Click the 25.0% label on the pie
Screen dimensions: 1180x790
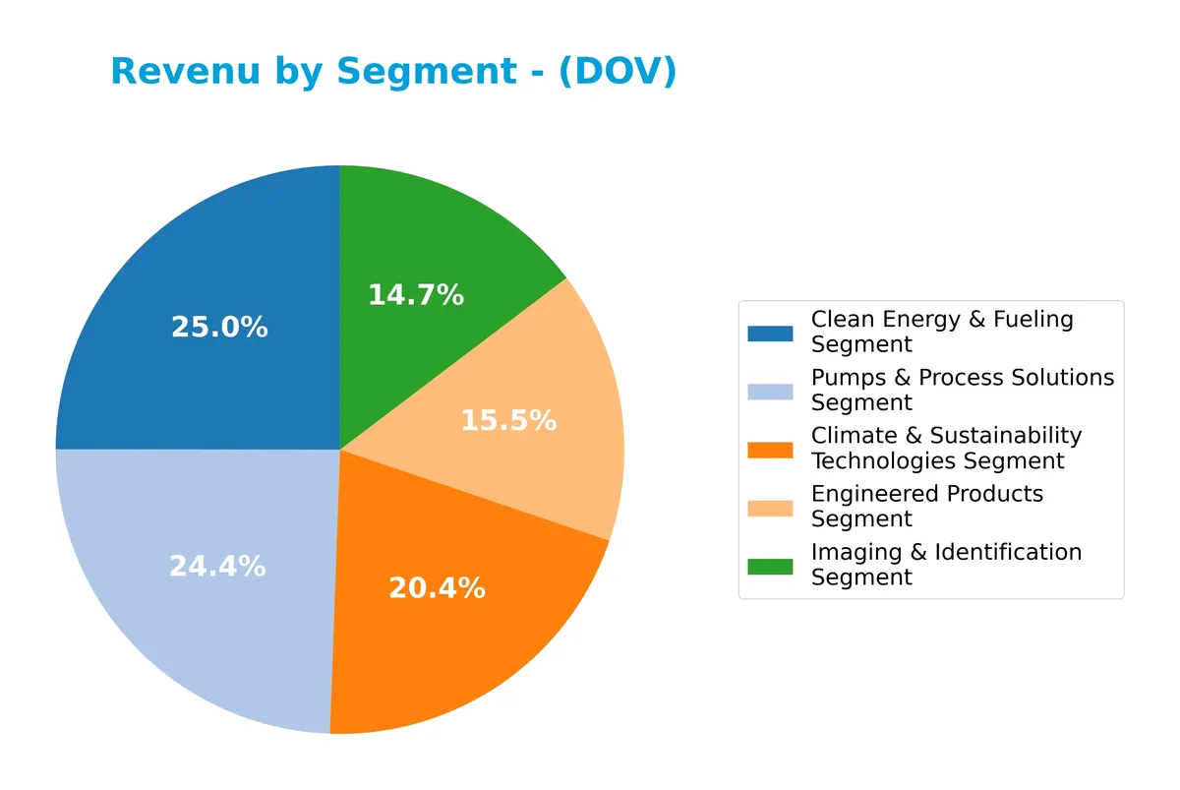pos(219,328)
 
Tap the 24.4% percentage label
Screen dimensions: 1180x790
pos(217,567)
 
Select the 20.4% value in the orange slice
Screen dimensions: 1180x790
pos(437,588)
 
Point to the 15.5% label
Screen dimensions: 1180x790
pos(508,421)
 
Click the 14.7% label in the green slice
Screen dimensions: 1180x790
pos(416,294)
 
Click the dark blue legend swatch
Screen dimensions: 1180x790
pos(770,333)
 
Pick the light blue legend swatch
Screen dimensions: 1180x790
pos(770,391)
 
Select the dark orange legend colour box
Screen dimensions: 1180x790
pos(770,449)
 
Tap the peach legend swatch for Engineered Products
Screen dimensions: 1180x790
pos(770,507)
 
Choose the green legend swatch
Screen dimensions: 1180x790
pos(770,566)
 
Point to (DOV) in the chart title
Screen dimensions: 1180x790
pos(618,72)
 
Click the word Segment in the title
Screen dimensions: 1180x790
pos(426,72)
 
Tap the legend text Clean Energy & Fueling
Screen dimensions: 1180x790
pos(942,320)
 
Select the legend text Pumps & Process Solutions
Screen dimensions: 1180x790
pos(963,378)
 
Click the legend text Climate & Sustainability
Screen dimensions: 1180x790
pos(946,436)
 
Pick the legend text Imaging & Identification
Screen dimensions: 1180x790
pos(946,553)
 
